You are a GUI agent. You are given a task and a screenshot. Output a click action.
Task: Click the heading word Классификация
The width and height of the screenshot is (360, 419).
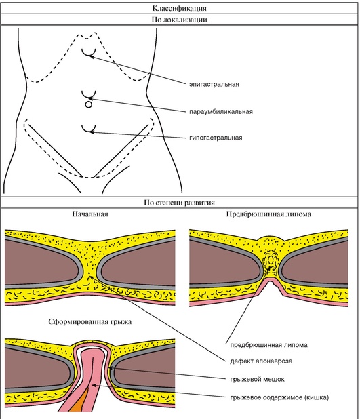pos(180,8)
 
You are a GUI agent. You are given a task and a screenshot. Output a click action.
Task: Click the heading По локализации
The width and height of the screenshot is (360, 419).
pos(180,20)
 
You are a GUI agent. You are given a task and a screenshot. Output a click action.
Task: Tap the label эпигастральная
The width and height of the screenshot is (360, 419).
pos(214,85)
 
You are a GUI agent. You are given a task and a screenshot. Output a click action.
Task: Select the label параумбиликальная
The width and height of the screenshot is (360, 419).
pos(221,111)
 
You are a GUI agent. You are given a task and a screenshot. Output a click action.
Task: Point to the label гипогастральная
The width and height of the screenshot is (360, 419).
pos(216,138)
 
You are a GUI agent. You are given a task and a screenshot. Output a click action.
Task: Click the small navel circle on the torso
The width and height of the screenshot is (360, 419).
pos(88,104)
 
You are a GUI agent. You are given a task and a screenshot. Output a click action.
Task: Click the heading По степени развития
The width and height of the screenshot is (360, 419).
pos(180,203)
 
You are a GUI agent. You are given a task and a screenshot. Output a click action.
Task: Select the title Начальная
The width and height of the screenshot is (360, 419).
pos(90,214)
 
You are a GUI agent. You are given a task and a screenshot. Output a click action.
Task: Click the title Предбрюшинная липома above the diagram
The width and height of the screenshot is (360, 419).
pos(268,214)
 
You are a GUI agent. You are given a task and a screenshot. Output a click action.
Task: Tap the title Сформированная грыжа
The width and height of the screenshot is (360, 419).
pos(90,321)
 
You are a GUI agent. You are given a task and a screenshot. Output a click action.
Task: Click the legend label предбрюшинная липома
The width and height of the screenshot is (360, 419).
pos(269,345)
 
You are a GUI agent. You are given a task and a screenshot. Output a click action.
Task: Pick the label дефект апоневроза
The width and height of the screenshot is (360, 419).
pos(261,361)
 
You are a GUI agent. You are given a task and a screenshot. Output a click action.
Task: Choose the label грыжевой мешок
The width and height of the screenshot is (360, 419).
pos(258,379)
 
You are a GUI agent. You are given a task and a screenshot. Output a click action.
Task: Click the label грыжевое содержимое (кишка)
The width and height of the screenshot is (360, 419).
pos(279,397)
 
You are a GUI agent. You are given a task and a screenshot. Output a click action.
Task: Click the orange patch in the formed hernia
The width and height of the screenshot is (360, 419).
pos(80,401)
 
